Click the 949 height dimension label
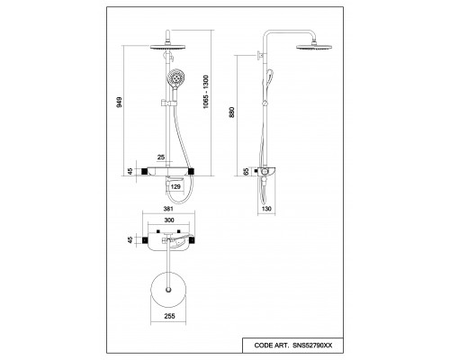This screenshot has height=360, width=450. [x=120, y=102]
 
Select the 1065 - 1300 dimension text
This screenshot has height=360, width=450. [x=206, y=92]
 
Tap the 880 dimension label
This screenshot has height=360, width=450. [x=231, y=112]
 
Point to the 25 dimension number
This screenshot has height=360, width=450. [x=161, y=157]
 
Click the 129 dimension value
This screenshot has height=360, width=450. [x=175, y=186]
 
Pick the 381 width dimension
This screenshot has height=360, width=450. [x=168, y=209]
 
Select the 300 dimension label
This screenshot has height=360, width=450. [x=169, y=220]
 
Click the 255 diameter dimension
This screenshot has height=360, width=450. [x=169, y=316]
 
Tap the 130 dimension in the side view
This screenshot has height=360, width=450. [x=266, y=209]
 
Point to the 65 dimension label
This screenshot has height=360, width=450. [x=246, y=172]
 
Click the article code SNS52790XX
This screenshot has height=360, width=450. [x=312, y=346]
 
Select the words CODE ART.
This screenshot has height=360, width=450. [x=271, y=346]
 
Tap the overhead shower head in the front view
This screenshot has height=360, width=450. [x=167, y=47]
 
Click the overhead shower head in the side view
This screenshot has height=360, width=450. [x=314, y=47]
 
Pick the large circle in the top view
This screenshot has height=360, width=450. [x=150, y=290]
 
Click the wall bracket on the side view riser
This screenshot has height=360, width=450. [x=261, y=55]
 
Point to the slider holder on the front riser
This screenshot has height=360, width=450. [x=168, y=103]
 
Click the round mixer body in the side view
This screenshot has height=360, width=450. [x=265, y=172]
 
